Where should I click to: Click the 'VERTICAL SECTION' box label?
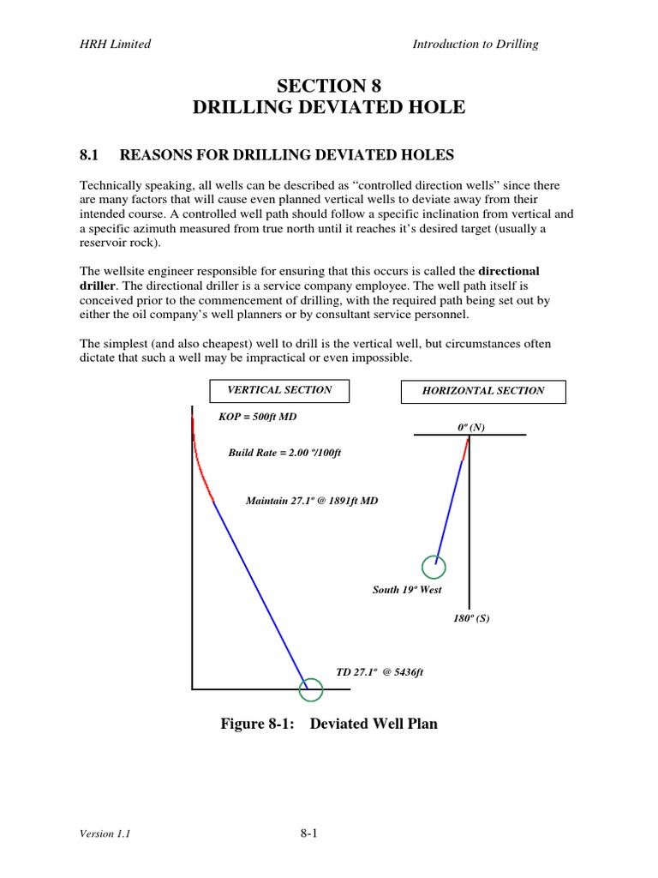click(278, 390)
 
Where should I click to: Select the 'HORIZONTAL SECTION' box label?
click(483, 391)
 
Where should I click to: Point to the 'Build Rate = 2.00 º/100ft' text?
click(284, 453)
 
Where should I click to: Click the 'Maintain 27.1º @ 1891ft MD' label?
click(311, 501)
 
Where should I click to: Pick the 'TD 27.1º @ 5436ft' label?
click(380, 673)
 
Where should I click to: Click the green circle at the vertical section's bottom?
click(310, 689)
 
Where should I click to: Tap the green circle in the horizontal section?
click(434, 567)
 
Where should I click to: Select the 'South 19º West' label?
click(407, 590)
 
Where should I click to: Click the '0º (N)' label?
click(471, 427)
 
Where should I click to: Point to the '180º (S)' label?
click(471, 618)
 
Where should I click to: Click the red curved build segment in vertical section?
click(201, 472)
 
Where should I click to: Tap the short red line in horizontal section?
click(466, 448)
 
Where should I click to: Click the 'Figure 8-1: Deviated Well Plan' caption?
click(329, 724)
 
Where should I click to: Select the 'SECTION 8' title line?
click(329, 86)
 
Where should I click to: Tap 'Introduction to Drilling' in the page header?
click(476, 45)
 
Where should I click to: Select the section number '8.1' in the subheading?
click(90, 155)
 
